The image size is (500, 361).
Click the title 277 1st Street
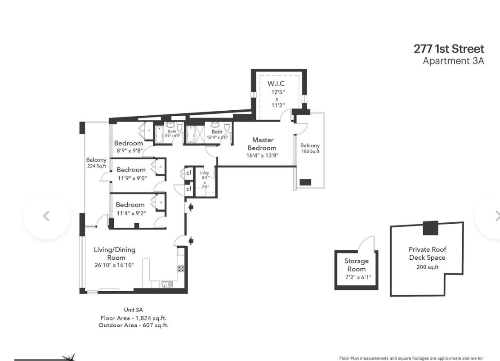[x=449, y=49]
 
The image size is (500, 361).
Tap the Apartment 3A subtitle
[x=453, y=61]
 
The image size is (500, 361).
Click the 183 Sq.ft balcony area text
[x=310, y=151]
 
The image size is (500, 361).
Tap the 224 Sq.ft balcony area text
[x=96, y=166]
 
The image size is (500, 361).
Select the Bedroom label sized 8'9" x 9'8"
[x=128, y=143]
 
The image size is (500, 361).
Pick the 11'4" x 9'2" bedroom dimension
[x=131, y=213]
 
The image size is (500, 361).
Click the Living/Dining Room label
[x=114, y=253]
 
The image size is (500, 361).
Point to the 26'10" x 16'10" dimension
[x=114, y=265]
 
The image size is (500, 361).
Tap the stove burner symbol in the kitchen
[x=181, y=269]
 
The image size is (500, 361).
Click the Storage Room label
[x=356, y=265]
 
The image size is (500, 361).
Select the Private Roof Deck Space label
[x=427, y=253]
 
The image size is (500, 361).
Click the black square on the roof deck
[x=430, y=228]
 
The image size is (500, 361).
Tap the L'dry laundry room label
[x=205, y=173]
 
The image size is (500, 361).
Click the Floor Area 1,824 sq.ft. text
[x=133, y=318]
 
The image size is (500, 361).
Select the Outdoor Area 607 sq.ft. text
[x=133, y=325]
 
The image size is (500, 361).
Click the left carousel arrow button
[x=47, y=216]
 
